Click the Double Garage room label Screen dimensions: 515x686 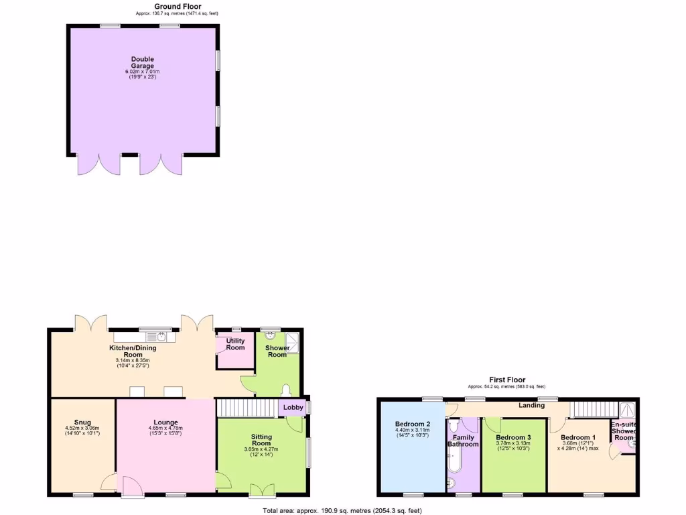click(x=143, y=62)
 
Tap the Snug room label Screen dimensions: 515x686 click(x=82, y=422)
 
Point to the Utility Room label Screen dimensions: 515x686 click(x=235, y=344)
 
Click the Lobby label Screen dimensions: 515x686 click(x=293, y=407)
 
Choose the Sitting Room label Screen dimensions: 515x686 click(x=261, y=440)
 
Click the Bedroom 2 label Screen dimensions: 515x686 click(x=412, y=424)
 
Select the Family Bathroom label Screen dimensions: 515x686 click(x=463, y=441)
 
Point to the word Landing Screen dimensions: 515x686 click(x=531, y=406)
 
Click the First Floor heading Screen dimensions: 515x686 click(x=507, y=380)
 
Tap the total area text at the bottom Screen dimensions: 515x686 click(x=342, y=511)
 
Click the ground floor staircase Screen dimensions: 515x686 click(x=247, y=408)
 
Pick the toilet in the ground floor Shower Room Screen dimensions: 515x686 click(x=287, y=390)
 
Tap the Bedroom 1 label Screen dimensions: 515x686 click(x=578, y=437)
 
